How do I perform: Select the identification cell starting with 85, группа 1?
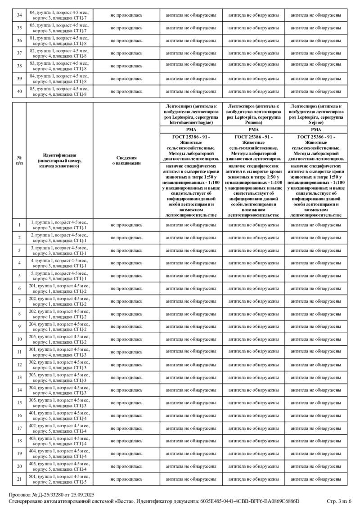[x=59, y=91]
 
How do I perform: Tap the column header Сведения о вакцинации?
[x=126, y=161]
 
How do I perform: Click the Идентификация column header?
[x=59, y=161]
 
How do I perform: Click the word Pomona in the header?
[x=254, y=121]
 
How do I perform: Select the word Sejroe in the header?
[x=316, y=121]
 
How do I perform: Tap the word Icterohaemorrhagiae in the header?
[x=191, y=121]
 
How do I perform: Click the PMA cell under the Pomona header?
[x=254, y=129]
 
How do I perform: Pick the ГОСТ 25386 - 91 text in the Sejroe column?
[x=316, y=137]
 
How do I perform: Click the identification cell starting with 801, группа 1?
[x=59, y=479]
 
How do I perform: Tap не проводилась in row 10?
[x=126, y=339]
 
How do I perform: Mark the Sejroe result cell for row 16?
[x=316, y=415]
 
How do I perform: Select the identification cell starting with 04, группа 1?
[x=59, y=15]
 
